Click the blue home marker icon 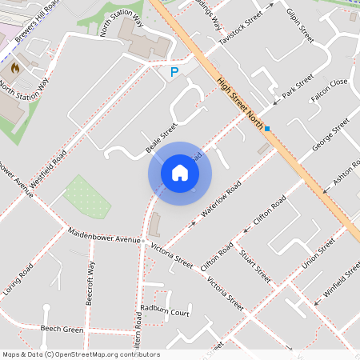180,173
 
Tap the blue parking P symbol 174,73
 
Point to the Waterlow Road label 222,200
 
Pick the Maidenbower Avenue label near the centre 104,238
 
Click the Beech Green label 62,330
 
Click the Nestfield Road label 49,163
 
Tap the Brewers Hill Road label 39,17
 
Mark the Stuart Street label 255,265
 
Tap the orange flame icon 14,68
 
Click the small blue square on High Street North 268,128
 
